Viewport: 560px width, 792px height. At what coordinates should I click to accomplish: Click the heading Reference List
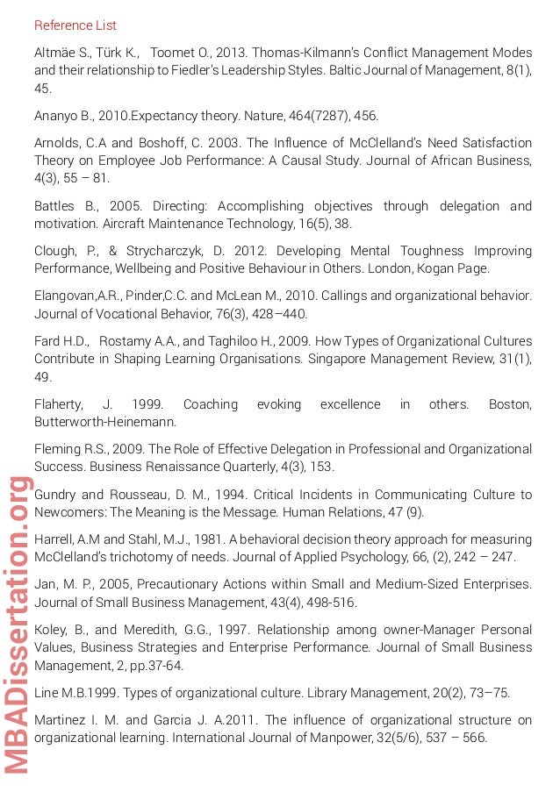pos(75,25)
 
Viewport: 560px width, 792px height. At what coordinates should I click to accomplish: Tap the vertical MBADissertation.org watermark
pos(18,624)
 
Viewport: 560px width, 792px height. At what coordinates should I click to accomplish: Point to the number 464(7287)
pos(311,116)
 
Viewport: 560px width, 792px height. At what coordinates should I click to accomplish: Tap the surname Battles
pos(56,206)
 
